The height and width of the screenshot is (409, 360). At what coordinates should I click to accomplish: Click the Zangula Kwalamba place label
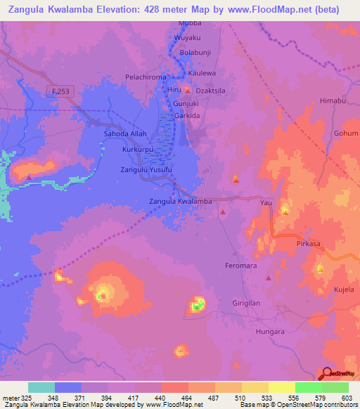181,202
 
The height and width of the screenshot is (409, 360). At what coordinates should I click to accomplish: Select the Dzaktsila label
214,90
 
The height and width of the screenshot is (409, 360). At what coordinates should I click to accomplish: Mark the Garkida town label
188,115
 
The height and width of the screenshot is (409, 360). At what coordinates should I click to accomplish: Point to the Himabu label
333,100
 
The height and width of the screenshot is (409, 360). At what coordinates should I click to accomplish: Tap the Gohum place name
345,133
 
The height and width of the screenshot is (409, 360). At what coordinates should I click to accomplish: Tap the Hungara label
270,331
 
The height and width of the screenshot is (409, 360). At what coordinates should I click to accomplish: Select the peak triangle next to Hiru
187,90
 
